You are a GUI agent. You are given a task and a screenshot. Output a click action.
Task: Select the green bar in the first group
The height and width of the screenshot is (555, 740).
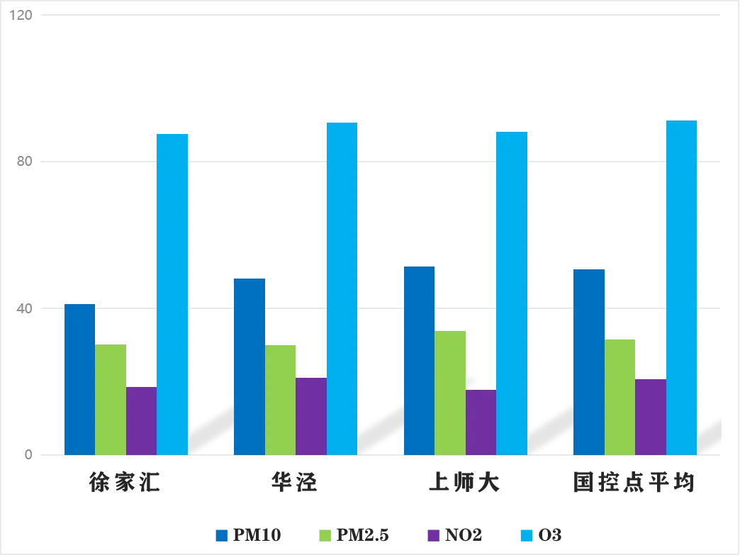111,398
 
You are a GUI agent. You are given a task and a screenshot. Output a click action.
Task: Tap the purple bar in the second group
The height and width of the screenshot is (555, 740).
311,415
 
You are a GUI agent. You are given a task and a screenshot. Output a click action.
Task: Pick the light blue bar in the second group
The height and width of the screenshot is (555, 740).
341,287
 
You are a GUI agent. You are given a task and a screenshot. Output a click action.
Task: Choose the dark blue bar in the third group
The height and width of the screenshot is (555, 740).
419,361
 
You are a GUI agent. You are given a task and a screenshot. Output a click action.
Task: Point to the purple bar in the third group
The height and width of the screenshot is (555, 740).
481,422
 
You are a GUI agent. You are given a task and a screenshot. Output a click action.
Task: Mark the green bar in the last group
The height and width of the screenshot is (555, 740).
620,396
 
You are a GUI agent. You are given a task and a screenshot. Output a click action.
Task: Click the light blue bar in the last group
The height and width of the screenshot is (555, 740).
680,287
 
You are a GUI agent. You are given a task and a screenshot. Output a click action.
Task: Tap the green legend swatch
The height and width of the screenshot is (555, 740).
328,536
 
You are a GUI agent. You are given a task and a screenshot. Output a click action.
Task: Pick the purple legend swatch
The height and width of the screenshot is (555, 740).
434,536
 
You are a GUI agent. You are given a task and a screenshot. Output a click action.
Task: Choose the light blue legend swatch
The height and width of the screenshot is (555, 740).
525,536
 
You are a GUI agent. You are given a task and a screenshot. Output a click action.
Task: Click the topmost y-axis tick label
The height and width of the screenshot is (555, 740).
24,14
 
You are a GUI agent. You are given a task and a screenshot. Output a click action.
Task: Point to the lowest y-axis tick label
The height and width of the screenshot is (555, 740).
28,454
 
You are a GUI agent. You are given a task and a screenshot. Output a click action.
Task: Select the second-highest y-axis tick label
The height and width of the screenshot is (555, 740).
26,162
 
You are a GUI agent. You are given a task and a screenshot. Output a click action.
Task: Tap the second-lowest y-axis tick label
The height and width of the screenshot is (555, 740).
26,309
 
